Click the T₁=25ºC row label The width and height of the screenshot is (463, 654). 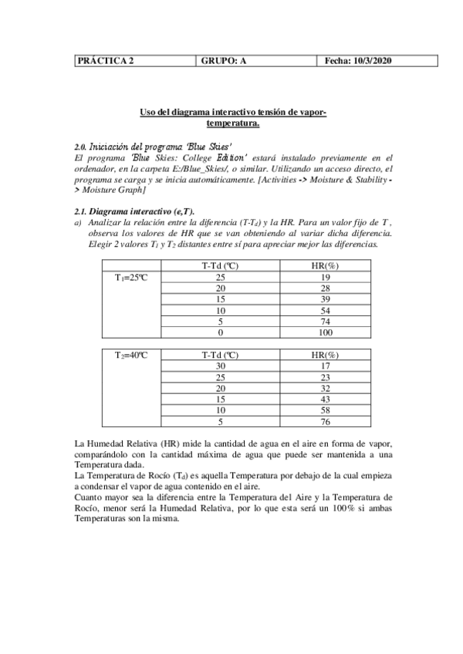[x=132, y=277]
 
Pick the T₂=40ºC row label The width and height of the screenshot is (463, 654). [x=132, y=356]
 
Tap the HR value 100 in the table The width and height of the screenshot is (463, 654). [x=325, y=332]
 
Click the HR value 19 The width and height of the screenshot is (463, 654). [x=325, y=277]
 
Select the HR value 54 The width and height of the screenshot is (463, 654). [x=325, y=310]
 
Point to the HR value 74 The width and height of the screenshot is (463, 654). [x=325, y=322]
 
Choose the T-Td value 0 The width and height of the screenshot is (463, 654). [x=221, y=332]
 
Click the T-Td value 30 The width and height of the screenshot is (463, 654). [x=221, y=366]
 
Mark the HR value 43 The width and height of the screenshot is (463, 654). [x=325, y=399]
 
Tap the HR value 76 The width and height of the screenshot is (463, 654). [x=325, y=422]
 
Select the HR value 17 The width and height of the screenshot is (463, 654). [x=325, y=366]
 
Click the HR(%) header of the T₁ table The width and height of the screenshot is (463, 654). [x=325, y=266]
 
